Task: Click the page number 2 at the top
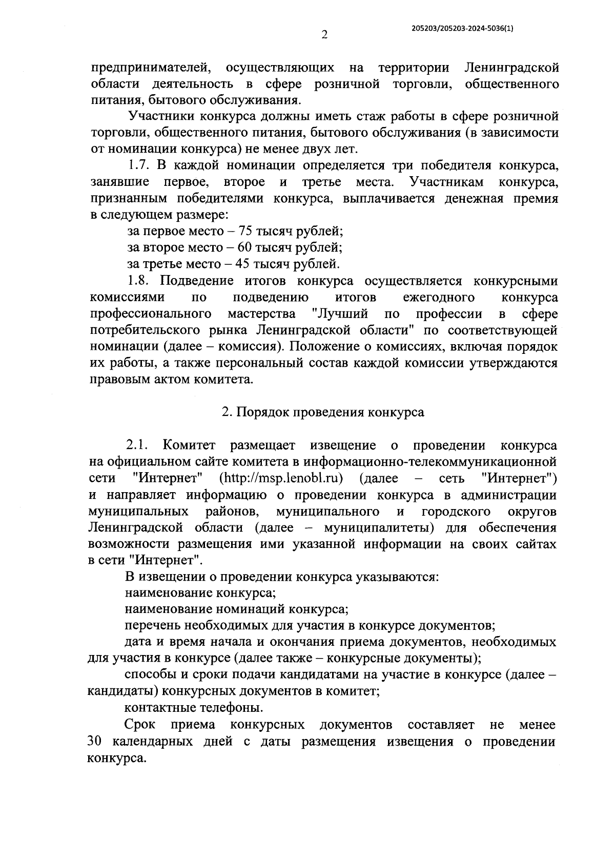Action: click(323, 35)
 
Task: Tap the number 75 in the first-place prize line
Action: click(239, 231)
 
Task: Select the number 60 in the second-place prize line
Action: click(239, 247)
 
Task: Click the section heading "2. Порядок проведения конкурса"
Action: click(323, 412)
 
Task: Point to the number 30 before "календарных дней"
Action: click(96, 742)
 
